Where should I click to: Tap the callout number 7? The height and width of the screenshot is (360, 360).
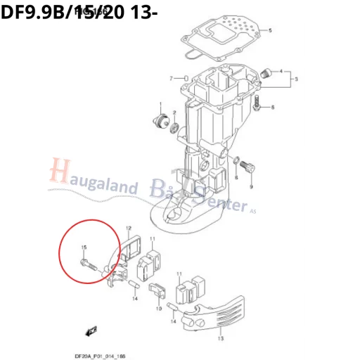(171, 77)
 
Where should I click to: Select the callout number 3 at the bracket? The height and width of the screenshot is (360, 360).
(295, 78)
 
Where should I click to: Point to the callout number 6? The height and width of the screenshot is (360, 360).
(273, 107)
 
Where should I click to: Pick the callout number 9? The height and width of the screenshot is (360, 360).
(250, 188)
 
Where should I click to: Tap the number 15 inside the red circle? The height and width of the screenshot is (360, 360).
(84, 247)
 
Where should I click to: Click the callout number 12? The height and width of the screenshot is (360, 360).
(129, 229)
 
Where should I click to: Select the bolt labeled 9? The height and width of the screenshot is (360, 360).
(246, 166)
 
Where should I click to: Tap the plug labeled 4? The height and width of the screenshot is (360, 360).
(266, 72)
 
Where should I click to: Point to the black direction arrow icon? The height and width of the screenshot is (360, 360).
(89, 328)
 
